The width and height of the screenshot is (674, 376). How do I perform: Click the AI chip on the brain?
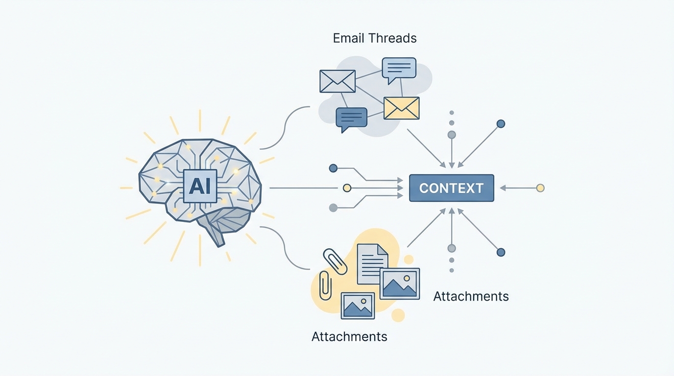tap(199, 186)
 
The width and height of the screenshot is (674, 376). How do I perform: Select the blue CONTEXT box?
tap(451, 188)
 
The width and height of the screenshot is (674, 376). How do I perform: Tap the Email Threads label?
tap(375, 38)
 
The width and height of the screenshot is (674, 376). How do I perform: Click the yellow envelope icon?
tap(401, 108)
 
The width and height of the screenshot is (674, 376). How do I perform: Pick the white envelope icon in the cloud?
tap(337, 81)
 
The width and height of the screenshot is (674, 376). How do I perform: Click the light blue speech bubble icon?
tap(399, 69)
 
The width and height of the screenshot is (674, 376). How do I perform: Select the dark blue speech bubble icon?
tap(351, 118)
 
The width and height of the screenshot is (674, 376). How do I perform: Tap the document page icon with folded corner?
tap(372, 264)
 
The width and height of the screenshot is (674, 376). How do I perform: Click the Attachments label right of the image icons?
tap(471, 296)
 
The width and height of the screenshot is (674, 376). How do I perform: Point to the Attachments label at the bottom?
tap(349, 336)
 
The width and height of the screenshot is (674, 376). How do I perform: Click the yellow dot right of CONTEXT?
tap(540, 188)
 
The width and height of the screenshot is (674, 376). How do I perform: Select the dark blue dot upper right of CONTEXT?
tap(501, 124)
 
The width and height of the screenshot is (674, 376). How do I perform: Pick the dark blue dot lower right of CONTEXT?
tap(501, 252)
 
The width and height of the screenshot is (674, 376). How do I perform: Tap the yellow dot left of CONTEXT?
tap(347, 188)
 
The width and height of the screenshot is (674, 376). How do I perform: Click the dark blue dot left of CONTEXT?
tap(333, 168)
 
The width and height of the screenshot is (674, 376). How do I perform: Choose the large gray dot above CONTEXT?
tap(452, 135)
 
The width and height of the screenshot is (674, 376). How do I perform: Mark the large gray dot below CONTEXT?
tap(452, 248)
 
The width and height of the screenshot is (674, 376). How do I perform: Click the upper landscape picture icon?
tap(399, 283)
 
